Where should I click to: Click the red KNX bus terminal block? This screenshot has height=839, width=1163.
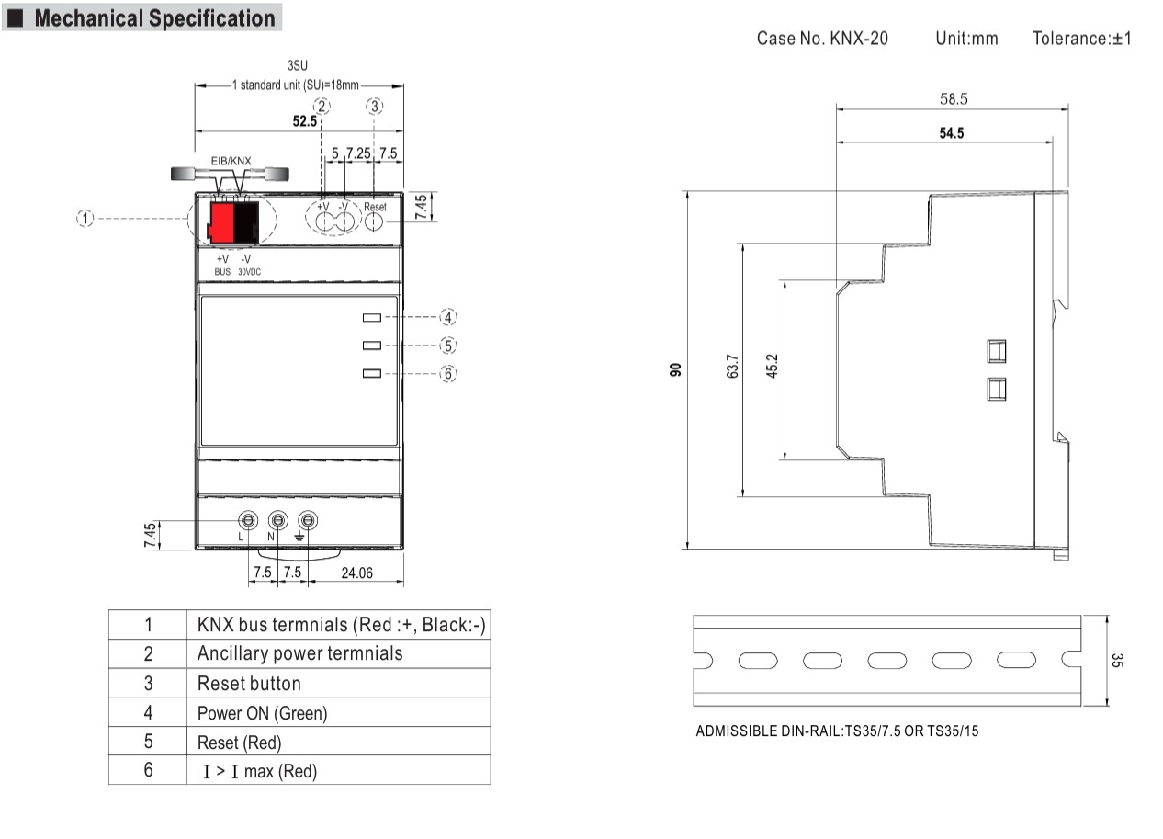point(220,221)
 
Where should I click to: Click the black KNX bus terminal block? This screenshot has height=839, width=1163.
point(245,221)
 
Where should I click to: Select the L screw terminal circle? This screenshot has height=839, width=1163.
point(247,520)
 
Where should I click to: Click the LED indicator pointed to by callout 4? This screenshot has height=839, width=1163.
point(372,318)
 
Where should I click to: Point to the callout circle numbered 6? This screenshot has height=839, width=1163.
point(447,373)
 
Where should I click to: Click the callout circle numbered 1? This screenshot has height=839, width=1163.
point(85,218)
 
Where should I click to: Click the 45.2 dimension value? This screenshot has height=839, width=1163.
point(773,365)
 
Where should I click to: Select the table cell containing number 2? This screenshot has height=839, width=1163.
point(148,653)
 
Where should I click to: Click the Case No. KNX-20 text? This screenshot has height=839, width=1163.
point(822,39)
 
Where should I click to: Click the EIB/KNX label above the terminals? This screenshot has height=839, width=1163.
point(231,160)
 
